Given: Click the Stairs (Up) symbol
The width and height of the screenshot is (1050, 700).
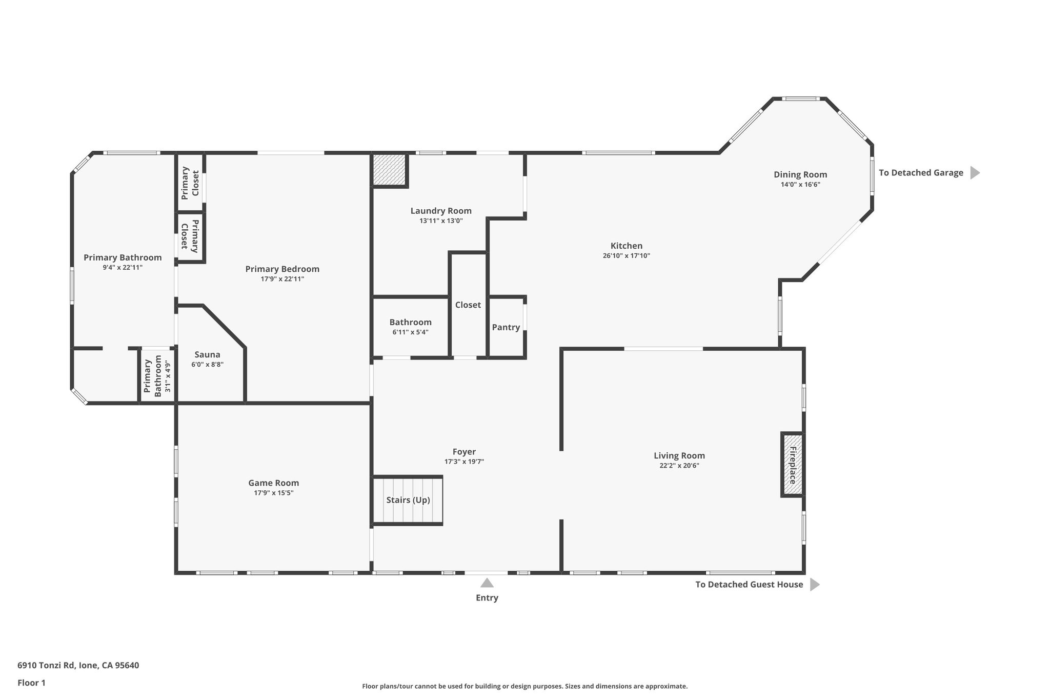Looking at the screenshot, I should (x=408, y=501).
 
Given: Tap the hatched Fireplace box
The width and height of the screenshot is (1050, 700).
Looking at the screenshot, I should (x=792, y=465).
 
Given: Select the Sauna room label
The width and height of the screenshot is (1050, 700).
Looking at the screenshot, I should (x=207, y=355).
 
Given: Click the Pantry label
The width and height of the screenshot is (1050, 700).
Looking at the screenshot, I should (x=506, y=328).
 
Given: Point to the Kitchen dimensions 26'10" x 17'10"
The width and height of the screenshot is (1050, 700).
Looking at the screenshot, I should (x=626, y=256).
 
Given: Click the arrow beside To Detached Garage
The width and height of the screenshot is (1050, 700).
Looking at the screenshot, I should (x=974, y=173).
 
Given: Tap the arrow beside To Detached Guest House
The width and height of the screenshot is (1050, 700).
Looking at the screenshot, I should (x=814, y=585).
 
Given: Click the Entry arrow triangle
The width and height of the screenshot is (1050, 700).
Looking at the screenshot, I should (x=487, y=583).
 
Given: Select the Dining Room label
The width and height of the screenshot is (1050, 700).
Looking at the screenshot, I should (x=800, y=175).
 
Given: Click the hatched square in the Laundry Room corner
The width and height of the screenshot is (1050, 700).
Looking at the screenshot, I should (x=389, y=170).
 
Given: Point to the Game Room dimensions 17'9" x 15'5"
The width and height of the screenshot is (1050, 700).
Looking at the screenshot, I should (x=273, y=493).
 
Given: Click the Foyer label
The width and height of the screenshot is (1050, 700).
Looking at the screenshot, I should (x=463, y=452).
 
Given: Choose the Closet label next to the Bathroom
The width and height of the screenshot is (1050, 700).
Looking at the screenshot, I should (x=468, y=305).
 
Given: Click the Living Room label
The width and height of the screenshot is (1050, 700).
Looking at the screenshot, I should (x=679, y=456).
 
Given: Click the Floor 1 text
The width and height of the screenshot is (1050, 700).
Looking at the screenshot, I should (x=31, y=683).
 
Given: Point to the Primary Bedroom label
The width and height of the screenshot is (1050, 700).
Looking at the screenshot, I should (x=282, y=269).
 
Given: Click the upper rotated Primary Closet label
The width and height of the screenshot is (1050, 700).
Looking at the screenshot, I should (x=190, y=184).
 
